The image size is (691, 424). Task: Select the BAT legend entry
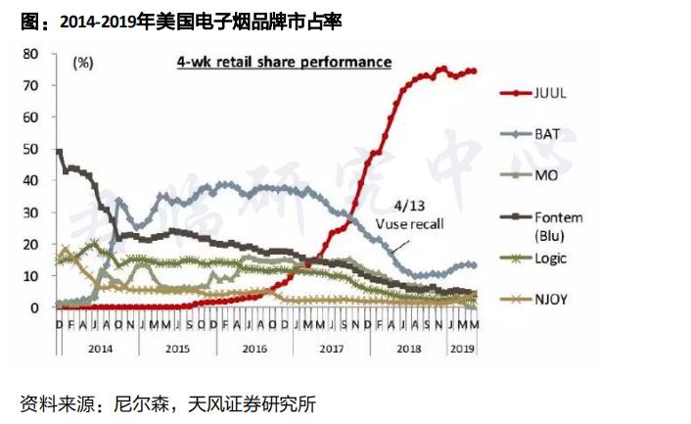coord(547,133)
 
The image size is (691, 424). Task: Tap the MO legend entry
coord(546,174)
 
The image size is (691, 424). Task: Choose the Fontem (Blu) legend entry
coord(559,225)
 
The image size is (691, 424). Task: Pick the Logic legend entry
coord(550,259)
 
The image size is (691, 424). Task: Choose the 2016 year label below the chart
coord(253,348)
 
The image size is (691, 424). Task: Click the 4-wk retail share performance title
coord(284,62)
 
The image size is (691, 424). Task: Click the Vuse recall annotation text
coord(410,224)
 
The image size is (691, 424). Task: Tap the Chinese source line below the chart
coord(167,403)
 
